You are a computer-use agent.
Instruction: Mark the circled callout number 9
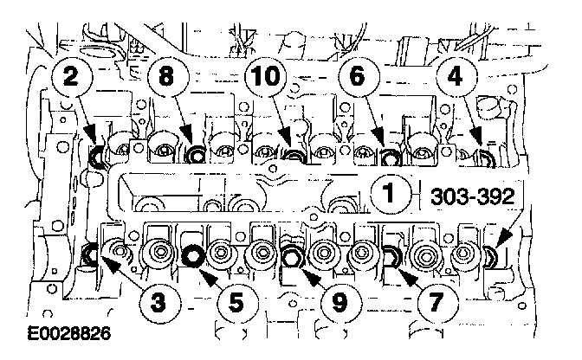[342, 303]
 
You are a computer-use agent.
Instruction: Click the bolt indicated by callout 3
[89, 255]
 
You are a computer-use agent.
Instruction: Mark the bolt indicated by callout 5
[192, 256]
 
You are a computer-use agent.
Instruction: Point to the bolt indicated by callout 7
[391, 256]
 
